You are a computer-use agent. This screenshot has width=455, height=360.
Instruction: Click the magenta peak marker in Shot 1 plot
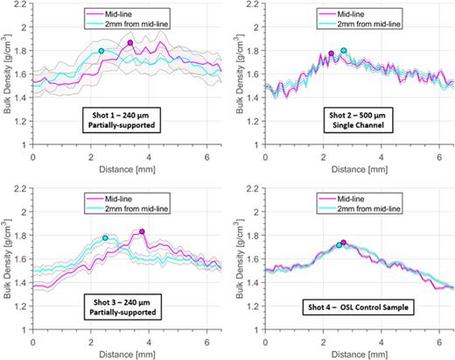click(x=130, y=43)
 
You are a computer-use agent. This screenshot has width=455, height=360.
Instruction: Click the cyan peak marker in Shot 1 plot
click(x=101, y=51)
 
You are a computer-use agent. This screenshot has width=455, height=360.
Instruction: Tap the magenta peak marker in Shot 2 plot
click(x=332, y=54)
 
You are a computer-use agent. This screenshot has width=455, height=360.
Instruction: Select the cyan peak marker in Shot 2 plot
click(x=344, y=51)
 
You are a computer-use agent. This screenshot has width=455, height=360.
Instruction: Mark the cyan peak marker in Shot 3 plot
click(x=105, y=238)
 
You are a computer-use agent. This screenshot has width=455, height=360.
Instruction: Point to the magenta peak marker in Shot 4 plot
click(x=344, y=242)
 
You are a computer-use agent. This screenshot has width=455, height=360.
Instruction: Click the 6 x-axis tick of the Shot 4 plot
click(x=439, y=338)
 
